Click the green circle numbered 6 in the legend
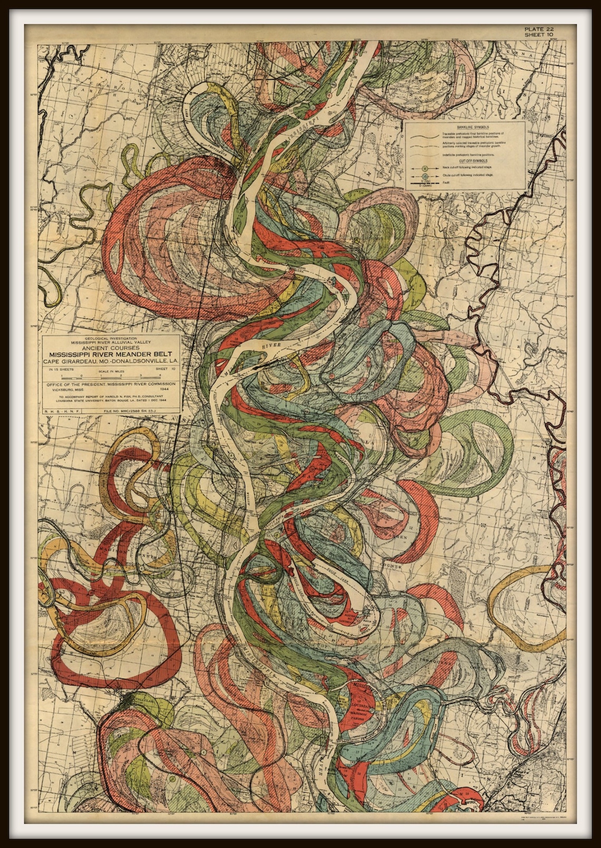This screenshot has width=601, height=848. [425, 167]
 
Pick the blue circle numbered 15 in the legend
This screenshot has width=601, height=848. [425, 175]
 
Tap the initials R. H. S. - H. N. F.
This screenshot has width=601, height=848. [60, 408]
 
